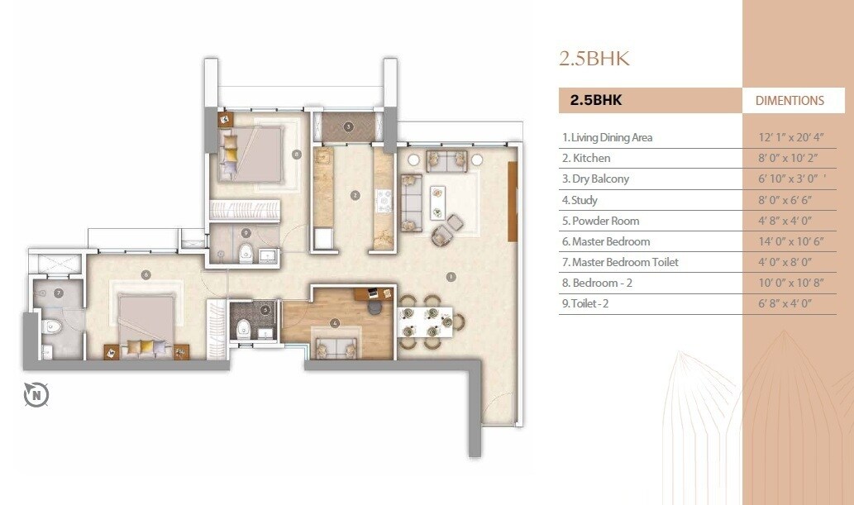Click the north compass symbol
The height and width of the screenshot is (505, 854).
(x=36, y=395)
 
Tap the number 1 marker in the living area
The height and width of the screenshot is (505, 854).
(x=451, y=276)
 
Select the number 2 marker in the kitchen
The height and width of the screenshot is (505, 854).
(x=355, y=196)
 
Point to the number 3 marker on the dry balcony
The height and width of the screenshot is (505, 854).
(x=349, y=126)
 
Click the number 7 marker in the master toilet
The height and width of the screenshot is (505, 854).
(x=59, y=293)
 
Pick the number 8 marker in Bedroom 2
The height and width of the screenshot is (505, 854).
(x=296, y=154)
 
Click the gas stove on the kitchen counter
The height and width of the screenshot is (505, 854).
(x=384, y=199)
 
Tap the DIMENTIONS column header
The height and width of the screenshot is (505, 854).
(x=790, y=101)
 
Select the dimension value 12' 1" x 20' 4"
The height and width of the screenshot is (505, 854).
(x=790, y=137)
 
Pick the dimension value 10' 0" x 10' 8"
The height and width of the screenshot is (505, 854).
(x=790, y=283)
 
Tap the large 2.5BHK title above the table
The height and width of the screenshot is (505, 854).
(x=594, y=59)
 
